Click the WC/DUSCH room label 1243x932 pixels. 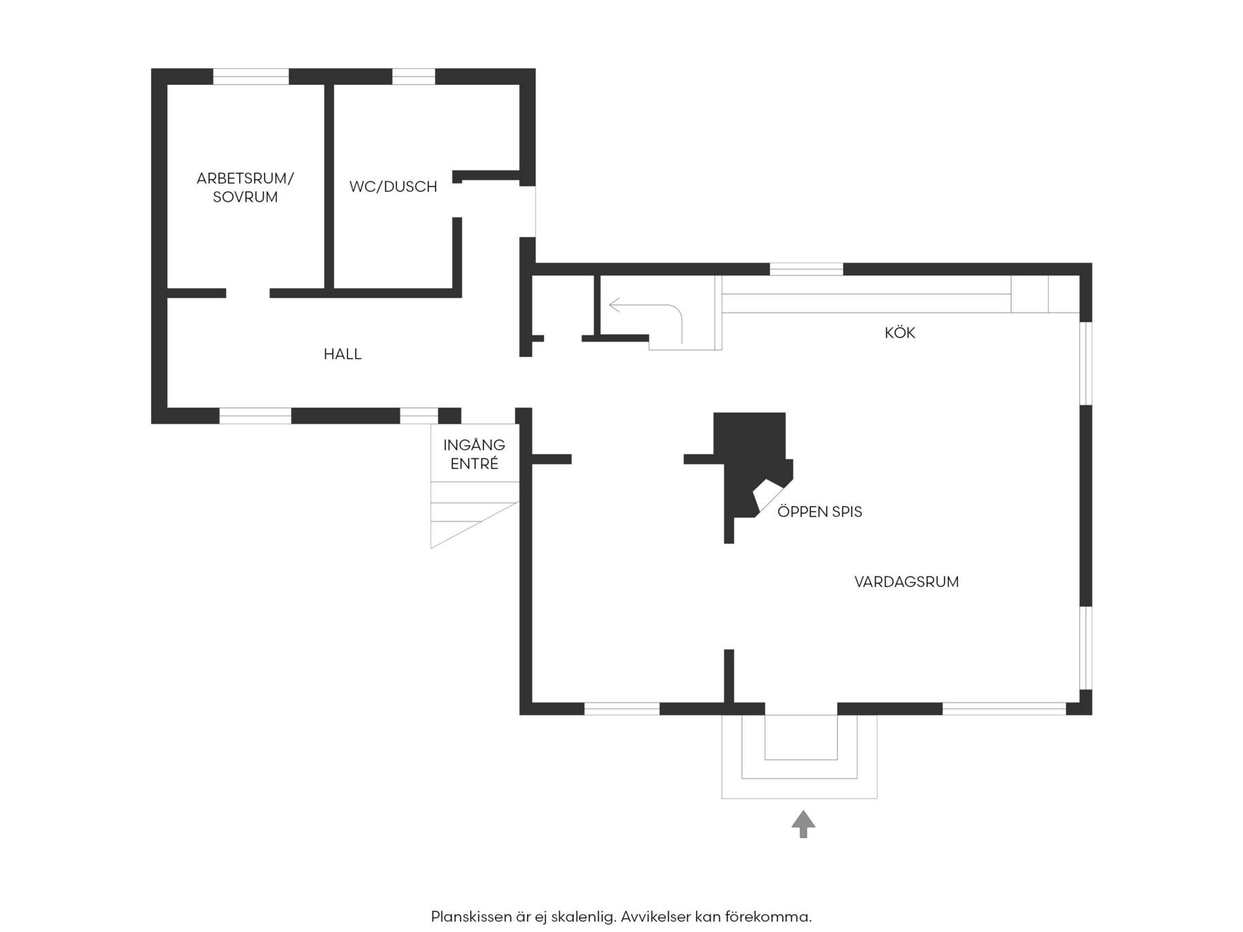click(393, 186)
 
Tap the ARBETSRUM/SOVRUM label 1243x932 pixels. click(245, 187)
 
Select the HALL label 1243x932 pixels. click(343, 354)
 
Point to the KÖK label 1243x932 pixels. click(900, 333)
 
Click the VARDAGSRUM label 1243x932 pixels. click(907, 582)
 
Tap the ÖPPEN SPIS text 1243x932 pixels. click(820, 512)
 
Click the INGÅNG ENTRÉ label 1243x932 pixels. click(474, 454)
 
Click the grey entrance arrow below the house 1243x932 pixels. click(803, 824)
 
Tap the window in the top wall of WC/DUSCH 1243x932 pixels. click(414, 77)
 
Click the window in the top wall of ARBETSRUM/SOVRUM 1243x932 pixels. click(251, 77)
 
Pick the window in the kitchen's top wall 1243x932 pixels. click(807, 269)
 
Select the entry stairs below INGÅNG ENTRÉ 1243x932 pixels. click(474, 514)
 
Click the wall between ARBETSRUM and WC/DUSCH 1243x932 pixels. click(329, 186)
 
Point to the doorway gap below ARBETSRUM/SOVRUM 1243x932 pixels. click(248, 293)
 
